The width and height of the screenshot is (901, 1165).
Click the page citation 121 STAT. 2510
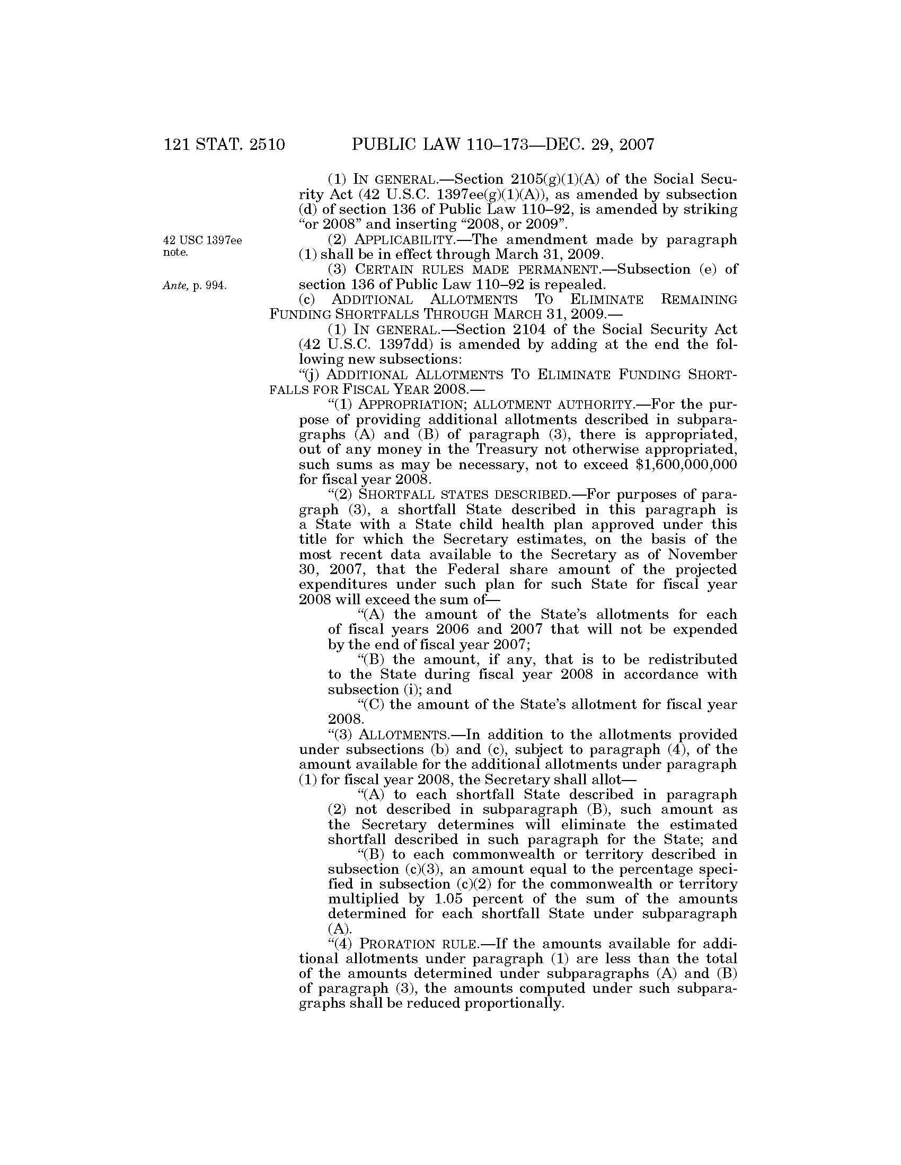[x=224, y=145]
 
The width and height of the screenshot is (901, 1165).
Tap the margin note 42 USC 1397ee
[x=202, y=240]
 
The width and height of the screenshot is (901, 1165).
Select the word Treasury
[x=507, y=449]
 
